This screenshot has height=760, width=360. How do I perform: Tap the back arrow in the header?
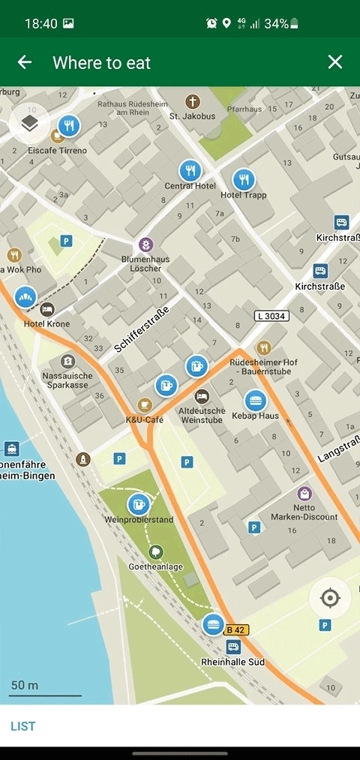tap(25, 62)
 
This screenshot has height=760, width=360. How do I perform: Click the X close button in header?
tap(334, 62)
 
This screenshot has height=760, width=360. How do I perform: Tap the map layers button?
tap(29, 122)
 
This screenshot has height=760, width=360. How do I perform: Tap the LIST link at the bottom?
tap(22, 725)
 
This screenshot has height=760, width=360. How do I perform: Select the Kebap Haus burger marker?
tap(256, 401)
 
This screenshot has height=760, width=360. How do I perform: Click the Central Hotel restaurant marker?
tap(190, 170)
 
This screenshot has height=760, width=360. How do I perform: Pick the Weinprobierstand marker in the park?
tap(138, 503)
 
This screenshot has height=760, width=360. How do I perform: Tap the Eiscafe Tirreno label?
tap(58, 151)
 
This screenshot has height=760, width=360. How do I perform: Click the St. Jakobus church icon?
tap(193, 101)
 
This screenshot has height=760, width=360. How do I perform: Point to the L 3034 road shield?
tap(271, 316)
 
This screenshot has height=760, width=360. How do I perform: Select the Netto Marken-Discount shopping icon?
tap(304, 493)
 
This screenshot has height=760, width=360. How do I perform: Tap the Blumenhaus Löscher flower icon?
tap(145, 245)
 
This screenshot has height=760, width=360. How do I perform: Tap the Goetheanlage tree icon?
tap(156, 552)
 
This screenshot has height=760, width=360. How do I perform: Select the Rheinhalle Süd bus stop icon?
tap(233, 647)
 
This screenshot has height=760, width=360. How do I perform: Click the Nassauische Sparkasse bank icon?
tap(68, 361)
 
